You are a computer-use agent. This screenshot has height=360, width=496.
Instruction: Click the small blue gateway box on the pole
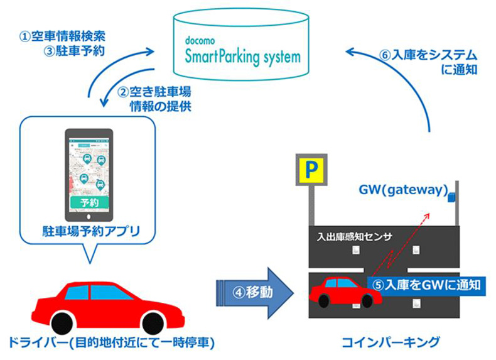[x=451, y=199]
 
